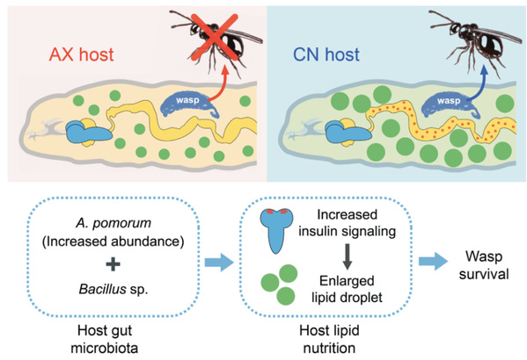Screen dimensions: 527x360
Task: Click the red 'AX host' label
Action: click(81, 54)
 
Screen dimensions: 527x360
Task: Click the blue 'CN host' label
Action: click(326, 54)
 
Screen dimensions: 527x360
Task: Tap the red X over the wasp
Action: click(215, 37)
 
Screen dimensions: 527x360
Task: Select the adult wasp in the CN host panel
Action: click(474, 42)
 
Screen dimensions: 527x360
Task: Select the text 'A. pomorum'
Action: click(113, 223)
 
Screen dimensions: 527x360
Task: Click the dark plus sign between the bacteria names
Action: click(113, 264)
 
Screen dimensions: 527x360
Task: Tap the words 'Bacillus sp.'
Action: click(113, 289)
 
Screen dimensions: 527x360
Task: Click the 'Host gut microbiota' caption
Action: click(105, 339)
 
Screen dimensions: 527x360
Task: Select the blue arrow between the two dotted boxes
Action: click(219, 262)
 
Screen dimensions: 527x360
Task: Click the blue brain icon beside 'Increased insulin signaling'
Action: click(276, 231)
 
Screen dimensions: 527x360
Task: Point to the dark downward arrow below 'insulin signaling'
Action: click(348, 256)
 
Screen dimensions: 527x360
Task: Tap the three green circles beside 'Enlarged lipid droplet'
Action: click(279, 284)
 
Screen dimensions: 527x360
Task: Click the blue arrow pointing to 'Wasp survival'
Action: click(433, 261)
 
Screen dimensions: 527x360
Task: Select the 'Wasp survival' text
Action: click(484, 265)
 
